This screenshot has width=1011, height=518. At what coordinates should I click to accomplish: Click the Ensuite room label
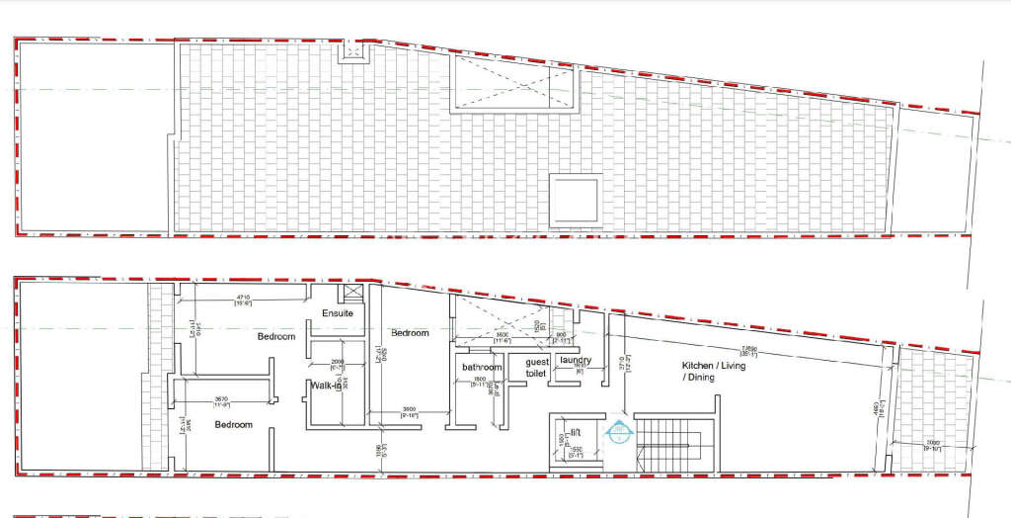point(338,313)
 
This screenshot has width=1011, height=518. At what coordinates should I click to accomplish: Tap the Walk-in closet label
point(326,386)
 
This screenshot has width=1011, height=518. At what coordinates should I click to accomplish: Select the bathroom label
point(482,368)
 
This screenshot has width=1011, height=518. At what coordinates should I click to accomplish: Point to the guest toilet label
point(536,368)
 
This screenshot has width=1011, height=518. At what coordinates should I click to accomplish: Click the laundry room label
point(575,360)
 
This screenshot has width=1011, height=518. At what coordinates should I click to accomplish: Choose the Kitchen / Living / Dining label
point(711,372)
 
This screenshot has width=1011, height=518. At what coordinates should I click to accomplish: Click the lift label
point(575,432)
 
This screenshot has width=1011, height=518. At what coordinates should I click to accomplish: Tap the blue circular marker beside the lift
point(619,431)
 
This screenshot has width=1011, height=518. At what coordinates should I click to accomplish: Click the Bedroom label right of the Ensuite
point(410,333)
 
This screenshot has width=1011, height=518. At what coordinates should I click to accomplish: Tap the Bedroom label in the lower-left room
point(233,425)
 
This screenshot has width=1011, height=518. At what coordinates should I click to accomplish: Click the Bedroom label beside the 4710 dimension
point(276,337)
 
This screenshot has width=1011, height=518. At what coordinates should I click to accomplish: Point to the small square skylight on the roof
point(576,199)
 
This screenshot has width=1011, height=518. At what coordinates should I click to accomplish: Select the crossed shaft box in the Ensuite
point(351,294)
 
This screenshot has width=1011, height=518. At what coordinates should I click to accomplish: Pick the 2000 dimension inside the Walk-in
point(337,362)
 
